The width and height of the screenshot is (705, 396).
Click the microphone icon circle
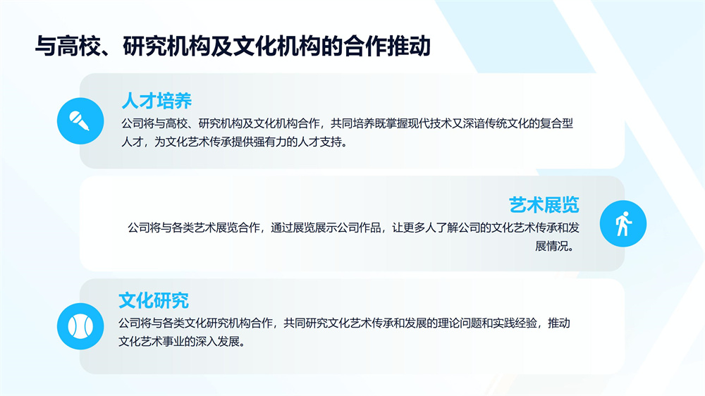coord(80,121)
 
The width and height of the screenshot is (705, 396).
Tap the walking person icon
coord(623,223)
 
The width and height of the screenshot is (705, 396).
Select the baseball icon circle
coord(80,326)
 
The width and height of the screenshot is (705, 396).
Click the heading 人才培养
coord(157,101)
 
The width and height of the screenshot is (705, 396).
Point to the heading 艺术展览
coord(544,205)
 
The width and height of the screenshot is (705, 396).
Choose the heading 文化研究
coord(154,301)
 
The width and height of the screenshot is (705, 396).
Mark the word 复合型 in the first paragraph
coord(557,123)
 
